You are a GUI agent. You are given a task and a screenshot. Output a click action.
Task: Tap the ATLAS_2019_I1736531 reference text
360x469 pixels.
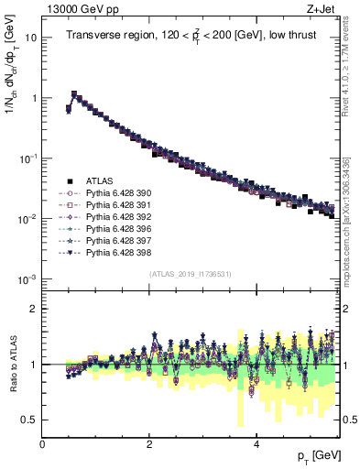pos(190,274)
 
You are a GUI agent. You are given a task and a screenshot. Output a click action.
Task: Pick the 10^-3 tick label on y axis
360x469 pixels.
pos(26,278)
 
